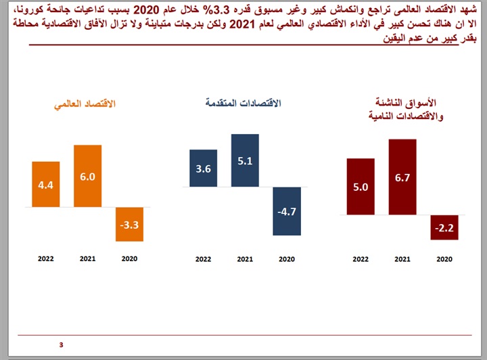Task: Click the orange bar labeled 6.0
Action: [x=87, y=176]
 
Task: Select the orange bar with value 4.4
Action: [x=46, y=184]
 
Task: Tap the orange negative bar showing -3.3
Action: [x=129, y=224]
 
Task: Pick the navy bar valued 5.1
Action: [x=245, y=160]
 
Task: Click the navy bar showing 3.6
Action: [x=203, y=168]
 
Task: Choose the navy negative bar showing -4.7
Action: [x=287, y=211]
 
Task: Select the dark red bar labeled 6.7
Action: [x=402, y=177]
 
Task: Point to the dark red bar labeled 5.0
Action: [x=361, y=187]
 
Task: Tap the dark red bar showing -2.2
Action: [x=444, y=228]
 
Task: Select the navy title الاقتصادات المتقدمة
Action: [x=243, y=104]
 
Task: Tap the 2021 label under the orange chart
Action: [x=87, y=258]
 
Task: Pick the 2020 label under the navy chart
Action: [x=287, y=258]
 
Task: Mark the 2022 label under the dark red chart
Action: [x=361, y=258]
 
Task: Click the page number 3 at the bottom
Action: [x=61, y=345]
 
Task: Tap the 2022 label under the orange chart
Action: [x=46, y=258]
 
